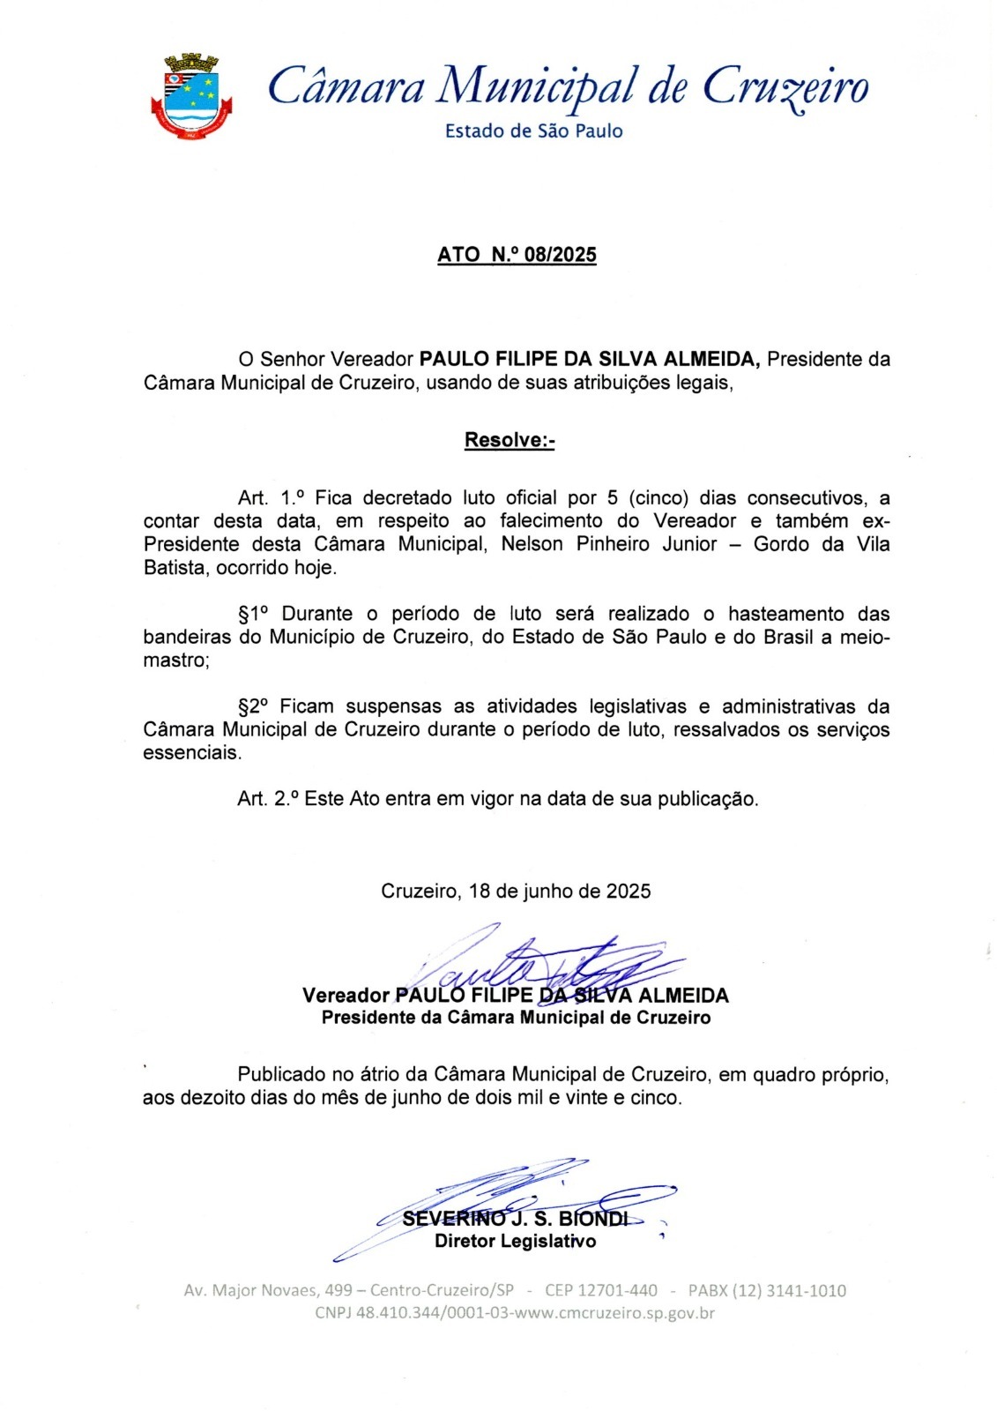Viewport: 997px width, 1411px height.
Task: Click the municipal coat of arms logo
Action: point(191,96)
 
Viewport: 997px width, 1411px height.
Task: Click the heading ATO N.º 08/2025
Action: point(517,255)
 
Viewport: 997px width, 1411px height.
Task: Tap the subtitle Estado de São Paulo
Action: point(533,131)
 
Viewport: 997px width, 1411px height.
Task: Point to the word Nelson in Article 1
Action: point(532,544)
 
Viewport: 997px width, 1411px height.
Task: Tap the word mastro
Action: point(175,661)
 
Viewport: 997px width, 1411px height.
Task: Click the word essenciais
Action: point(190,753)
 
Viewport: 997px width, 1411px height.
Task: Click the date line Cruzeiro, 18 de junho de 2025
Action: point(516,892)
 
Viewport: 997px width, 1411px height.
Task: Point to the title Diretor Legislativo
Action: point(515,1242)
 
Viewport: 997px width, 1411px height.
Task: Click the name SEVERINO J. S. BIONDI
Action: point(515,1220)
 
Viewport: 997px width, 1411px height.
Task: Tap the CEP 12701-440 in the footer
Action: point(600,1291)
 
